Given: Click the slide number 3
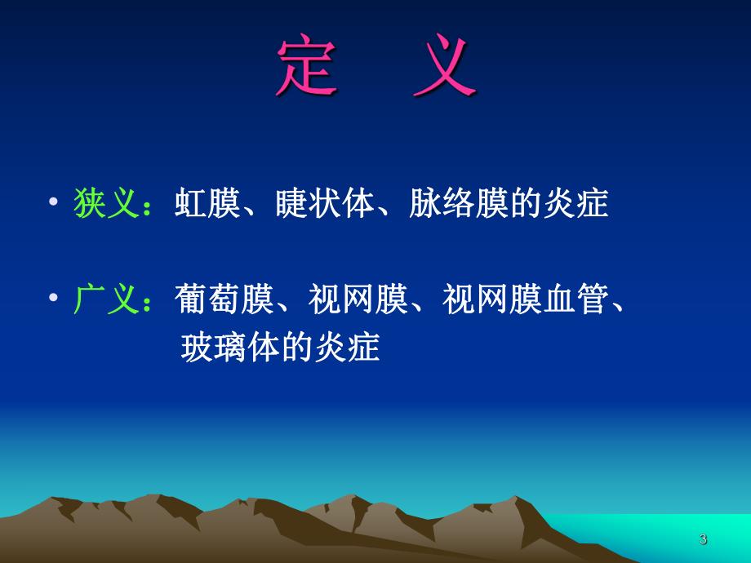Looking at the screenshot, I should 703,539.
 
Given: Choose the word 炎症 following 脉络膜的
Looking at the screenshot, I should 582,204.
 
